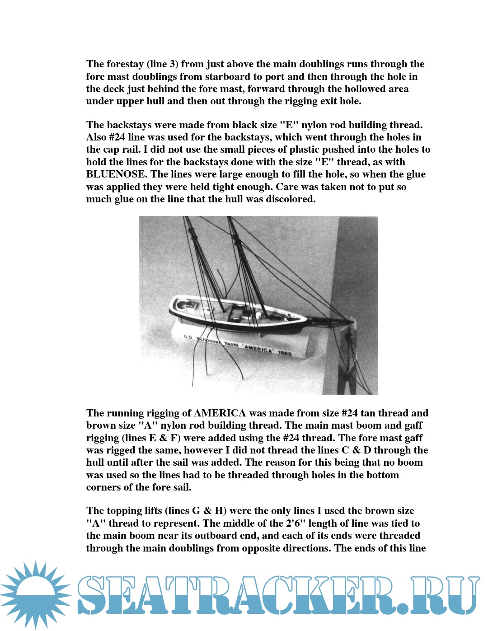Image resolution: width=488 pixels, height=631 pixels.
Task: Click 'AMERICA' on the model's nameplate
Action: coord(258,349)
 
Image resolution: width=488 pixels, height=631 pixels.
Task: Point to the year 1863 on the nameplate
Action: coord(285,353)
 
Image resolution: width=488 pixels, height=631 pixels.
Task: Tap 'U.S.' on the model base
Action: coord(188,337)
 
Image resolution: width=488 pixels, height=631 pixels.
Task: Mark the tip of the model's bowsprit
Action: coord(352,321)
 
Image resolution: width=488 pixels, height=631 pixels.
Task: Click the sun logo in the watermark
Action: coord(35,594)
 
